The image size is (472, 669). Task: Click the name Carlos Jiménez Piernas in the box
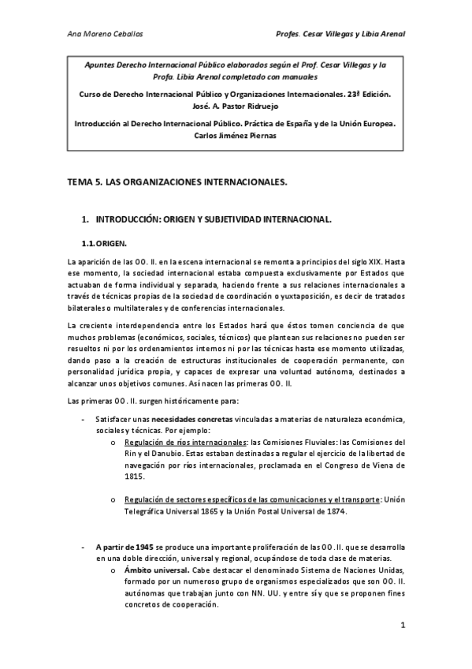[235, 136]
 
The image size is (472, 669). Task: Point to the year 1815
[135, 477]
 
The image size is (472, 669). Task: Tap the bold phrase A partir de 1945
[125, 546]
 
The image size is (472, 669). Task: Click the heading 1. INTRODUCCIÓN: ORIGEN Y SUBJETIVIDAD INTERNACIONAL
[213, 217]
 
